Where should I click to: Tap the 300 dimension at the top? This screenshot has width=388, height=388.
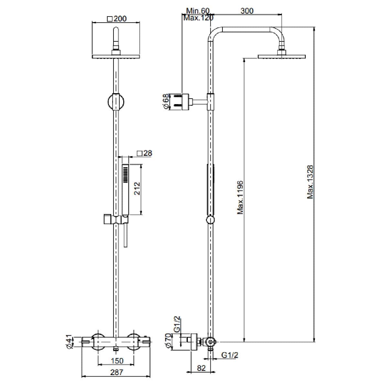click(247, 11)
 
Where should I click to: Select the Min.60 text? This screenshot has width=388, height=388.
click(198, 11)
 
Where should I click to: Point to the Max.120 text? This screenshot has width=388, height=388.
click(198, 18)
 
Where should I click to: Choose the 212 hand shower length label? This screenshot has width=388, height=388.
click(137, 189)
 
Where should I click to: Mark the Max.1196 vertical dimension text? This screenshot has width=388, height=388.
click(240, 198)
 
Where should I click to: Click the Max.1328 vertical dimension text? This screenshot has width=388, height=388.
click(310, 182)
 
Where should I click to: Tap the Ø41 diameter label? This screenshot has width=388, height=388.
click(69, 342)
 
